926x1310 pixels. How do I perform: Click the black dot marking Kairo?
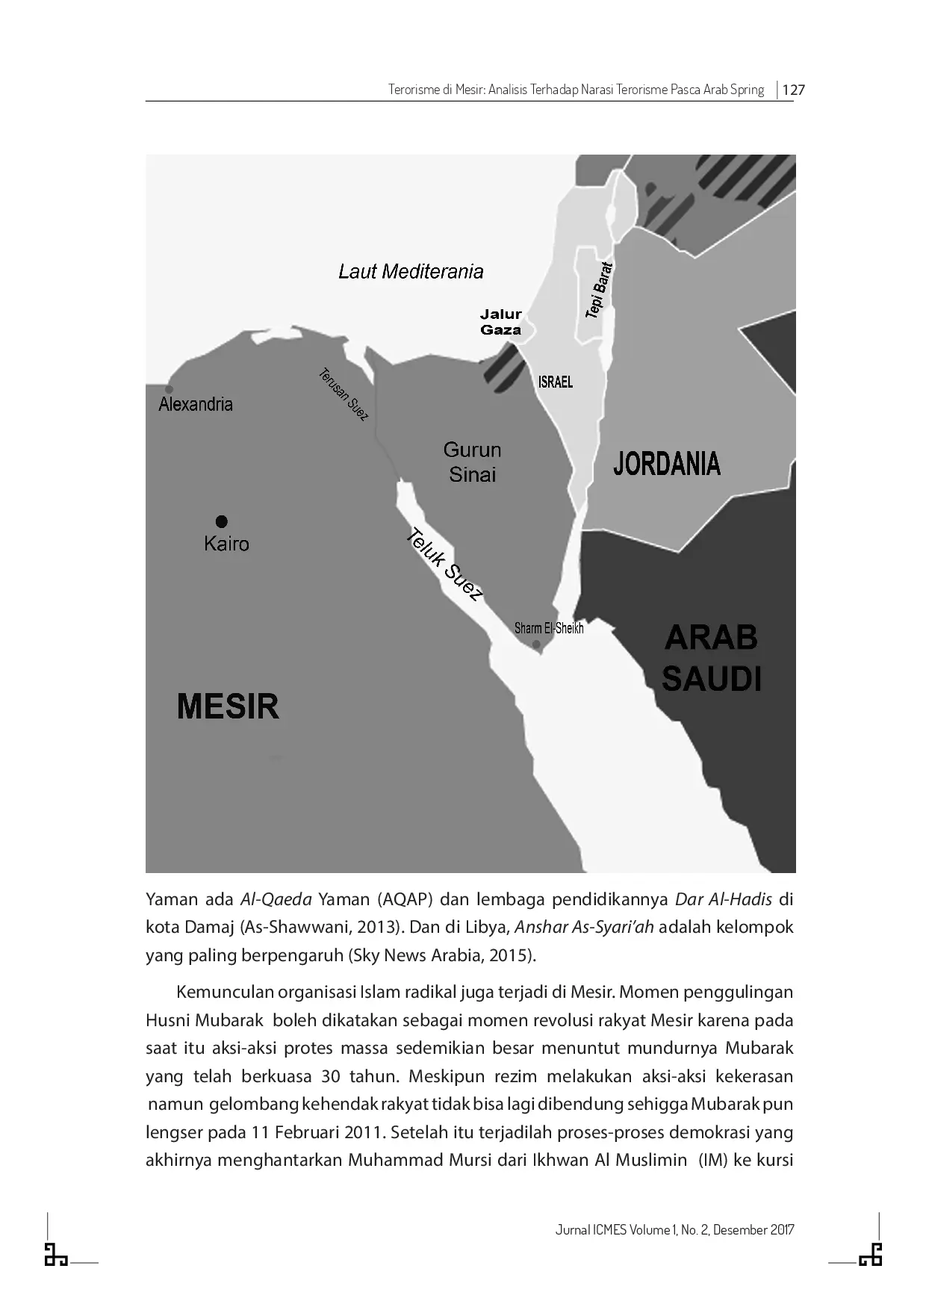point(221,521)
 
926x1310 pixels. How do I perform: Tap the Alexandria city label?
point(196,404)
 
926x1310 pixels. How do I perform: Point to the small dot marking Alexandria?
point(170,389)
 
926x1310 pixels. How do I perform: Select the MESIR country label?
point(228,707)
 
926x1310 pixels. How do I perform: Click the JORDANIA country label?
point(666,464)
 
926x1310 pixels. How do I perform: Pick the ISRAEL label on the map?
point(556,382)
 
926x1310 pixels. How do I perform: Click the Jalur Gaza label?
point(500,322)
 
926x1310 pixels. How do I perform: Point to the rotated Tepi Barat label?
point(599,291)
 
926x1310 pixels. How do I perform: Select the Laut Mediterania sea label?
point(411,271)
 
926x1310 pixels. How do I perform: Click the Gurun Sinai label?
point(472,462)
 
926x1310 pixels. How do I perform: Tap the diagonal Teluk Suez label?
point(444,564)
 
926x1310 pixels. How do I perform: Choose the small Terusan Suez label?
point(344,394)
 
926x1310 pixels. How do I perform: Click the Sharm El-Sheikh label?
point(549,628)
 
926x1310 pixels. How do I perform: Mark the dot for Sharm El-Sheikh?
point(536,645)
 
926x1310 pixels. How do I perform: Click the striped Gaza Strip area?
point(503,369)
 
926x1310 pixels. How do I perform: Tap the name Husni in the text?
point(167,1020)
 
